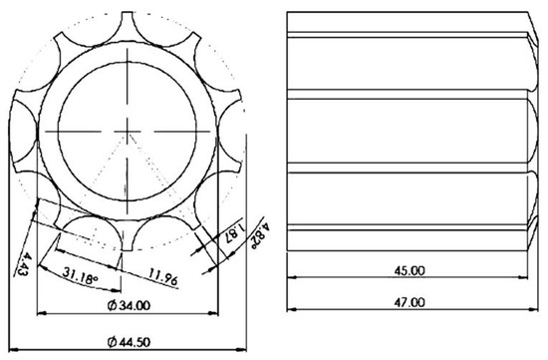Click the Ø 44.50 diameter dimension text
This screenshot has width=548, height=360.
[129, 342]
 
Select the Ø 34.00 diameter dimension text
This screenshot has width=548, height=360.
[129, 305]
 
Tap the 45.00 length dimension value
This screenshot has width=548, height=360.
[410, 270]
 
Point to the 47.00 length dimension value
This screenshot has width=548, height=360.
[410, 302]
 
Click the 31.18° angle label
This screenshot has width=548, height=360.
[80, 275]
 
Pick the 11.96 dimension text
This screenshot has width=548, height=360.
[163, 276]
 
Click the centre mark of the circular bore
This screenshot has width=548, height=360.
[128, 132]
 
